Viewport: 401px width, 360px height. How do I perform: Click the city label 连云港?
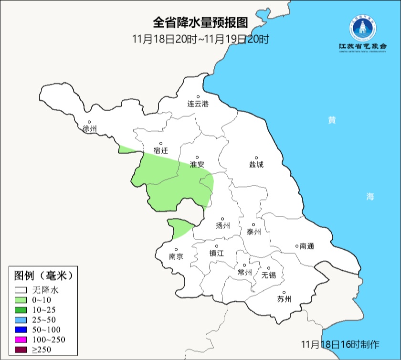tap(198, 104)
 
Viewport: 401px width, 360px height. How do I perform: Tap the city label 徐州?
tap(89, 129)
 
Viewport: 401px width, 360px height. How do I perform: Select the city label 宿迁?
tap(161, 150)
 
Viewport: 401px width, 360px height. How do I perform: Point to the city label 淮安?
tap(197, 164)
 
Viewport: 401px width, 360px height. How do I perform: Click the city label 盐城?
tap(256, 164)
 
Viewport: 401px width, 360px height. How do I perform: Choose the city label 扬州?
tap(223, 225)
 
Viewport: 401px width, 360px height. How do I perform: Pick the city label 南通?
tap(306, 246)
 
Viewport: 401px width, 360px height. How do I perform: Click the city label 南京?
tap(176, 256)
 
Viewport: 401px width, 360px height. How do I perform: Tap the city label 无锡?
tap(268, 275)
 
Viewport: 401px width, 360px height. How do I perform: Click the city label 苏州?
tap(284, 299)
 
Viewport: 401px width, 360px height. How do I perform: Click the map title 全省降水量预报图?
tap(200, 22)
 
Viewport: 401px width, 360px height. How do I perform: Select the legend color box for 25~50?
tap(21, 319)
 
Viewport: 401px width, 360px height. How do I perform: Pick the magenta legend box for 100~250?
tap(21, 340)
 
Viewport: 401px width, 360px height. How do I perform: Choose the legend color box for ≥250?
tap(21, 350)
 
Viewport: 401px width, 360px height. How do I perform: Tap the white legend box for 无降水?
tap(21, 290)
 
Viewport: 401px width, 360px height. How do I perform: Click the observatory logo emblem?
tap(363, 28)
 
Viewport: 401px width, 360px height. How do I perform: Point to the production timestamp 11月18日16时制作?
tap(340, 344)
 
